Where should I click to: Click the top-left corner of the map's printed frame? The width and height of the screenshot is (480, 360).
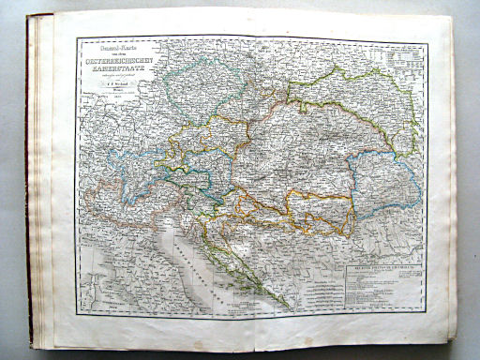pyautogui.click(x=78, y=37)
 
